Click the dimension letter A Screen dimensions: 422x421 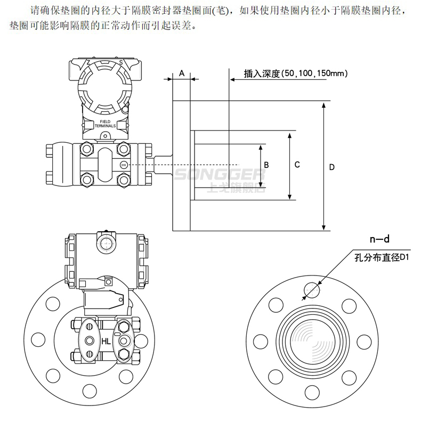(182, 73)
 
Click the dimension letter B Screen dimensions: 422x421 (266, 165)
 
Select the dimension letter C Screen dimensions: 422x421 (297, 165)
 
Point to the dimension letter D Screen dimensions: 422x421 (331, 167)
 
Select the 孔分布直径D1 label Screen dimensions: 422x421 (381, 258)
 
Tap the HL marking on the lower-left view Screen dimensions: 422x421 (106, 341)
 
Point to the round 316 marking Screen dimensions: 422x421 (124, 165)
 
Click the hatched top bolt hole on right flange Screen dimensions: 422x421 (312, 289)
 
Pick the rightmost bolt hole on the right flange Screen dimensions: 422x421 (364, 341)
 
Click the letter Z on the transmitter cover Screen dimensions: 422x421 (88, 63)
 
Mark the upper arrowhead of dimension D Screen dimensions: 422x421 (325, 105)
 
